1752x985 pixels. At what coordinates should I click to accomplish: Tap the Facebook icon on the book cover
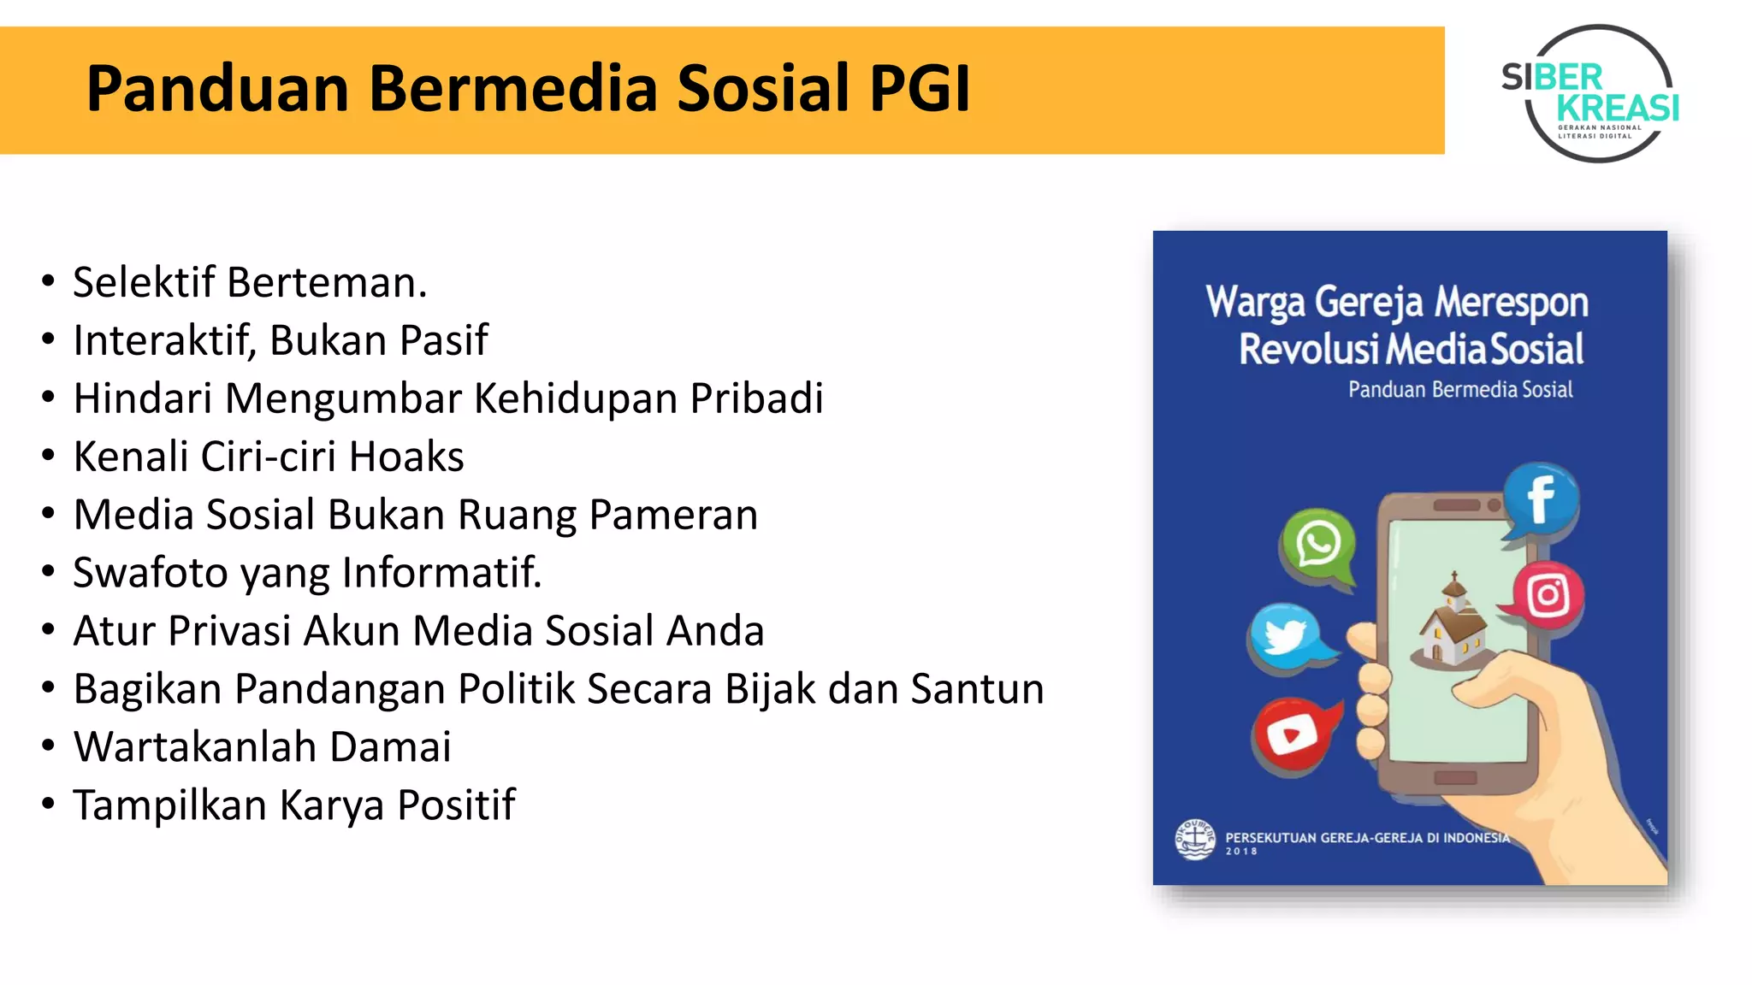(x=1541, y=500)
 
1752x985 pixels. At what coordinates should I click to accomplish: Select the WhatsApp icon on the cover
(x=1318, y=545)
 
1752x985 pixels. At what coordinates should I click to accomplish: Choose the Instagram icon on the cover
(x=1548, y=596)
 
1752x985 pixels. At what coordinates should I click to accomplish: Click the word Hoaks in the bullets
(x=406, y=457)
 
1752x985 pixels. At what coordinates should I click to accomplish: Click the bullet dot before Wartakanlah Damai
(x=48, y=746)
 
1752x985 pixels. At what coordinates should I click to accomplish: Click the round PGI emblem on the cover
(x=1195, y=839)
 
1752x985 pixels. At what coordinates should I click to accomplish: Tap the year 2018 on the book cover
(x=1241, y=852)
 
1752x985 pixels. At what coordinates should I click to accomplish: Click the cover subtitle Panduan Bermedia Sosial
(x=1460, y=390)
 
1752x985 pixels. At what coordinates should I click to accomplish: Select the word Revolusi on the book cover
(x=1309, y=350)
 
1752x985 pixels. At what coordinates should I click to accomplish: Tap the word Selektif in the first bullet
(x=144, y=282)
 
